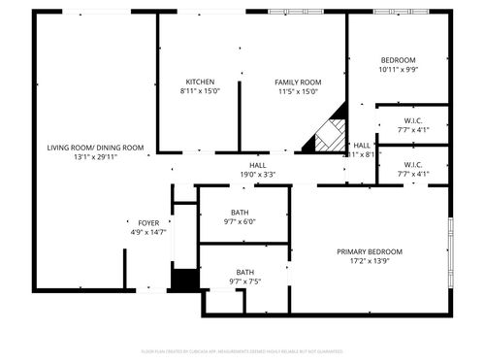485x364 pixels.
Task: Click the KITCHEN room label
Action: click(200, 82)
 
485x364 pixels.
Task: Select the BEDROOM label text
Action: click(398, 60)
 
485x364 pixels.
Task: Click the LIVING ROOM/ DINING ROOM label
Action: click(95, 148)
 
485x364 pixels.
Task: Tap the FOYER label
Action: click(148, 222)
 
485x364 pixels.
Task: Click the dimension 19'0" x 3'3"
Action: click(258, 175)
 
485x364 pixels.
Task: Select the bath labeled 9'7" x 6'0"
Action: click(240, 213)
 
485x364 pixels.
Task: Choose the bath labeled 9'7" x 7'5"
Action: click(245, 273)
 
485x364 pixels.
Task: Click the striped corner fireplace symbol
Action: click(327, 137)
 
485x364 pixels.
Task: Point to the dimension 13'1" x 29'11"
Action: click(95, 156)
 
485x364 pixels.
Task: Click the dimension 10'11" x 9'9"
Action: click(398, 70)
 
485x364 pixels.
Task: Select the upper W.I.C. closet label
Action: click(414, 120)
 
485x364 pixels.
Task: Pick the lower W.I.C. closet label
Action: click(414, 164)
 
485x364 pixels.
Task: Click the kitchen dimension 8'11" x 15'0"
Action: click(200, 91)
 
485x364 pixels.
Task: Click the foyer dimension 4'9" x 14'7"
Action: click(148, 232)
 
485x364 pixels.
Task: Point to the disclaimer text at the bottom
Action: click(242, 350)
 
